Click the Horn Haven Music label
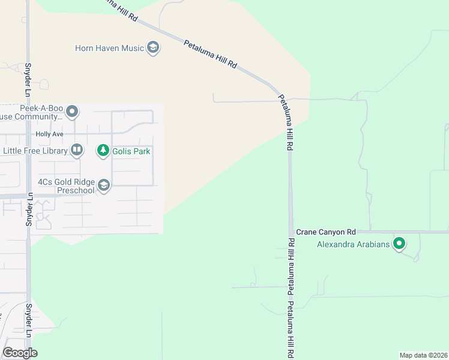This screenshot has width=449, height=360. pyautogui.click(x=109, y=48)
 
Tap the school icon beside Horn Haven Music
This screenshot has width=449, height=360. pyautogui.click(x=153, y=47)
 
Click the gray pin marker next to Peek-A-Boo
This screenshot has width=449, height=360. pyautogui.click(x=73, y=112)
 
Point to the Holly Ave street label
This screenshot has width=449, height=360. pyautogui.click(x=49, y=134)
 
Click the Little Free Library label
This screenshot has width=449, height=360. pyautogui.click(x=35, y=151)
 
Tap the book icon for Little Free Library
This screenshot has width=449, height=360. pyautogui.click(x=77, y=150)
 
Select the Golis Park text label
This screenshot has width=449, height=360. pyautogui.click(x=133, y=151)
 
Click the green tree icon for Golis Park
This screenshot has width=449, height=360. pyautogui.click(x=103, y=151)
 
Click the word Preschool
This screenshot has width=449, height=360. pyautogui.click(x=76, y=191)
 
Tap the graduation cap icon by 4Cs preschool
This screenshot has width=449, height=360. pyautogui.click(x=104, y=186)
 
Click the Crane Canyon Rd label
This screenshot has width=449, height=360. pyautogui.click(x=326, y=232)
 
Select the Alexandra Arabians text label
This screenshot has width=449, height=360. pyautogui.click(x=353, y=244)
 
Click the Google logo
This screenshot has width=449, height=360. pyautogui.click(x=20, y=352)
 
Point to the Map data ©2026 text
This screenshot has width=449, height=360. pyautogui.click(x=423, y=355)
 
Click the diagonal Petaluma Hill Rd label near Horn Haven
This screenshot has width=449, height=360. pyautogui.click(x=211, y=55)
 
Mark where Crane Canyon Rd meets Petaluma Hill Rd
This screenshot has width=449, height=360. pyautogui.click(x=291, y=232)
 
